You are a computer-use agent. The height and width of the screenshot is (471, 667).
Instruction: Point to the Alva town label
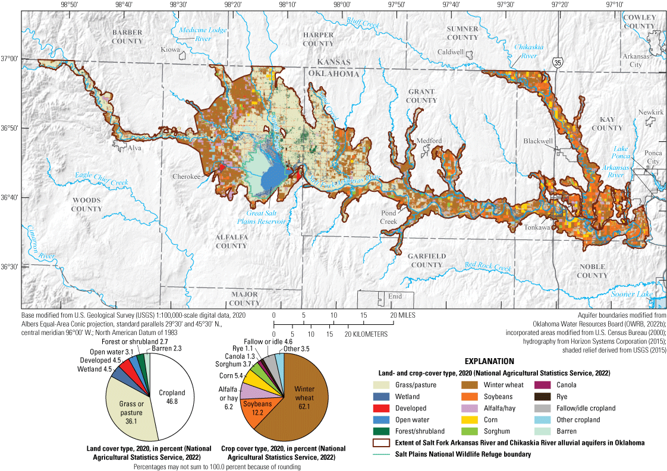pos(134,148)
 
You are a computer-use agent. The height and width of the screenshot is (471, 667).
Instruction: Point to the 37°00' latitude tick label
pos(10,58)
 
